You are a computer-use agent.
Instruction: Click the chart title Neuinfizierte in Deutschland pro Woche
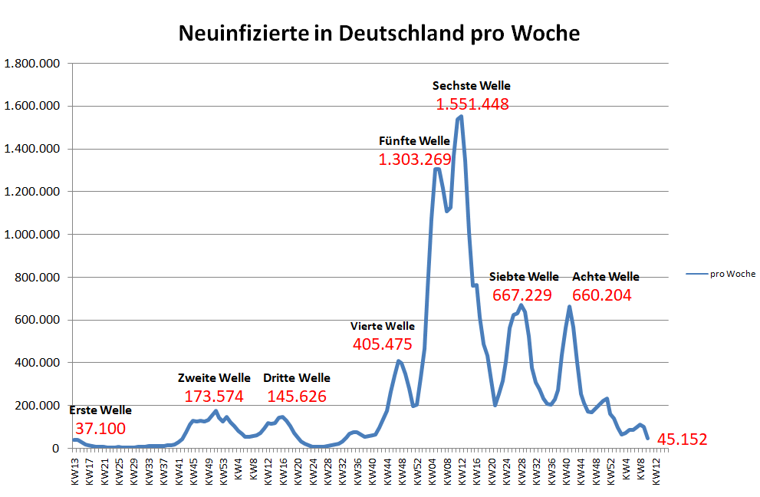379,34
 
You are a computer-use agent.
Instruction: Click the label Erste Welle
100,410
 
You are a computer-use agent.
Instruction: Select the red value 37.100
100,428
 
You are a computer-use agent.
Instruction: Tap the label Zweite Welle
214,378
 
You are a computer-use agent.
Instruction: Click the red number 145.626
297,397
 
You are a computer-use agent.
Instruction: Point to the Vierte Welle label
383,327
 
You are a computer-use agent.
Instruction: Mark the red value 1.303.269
415,160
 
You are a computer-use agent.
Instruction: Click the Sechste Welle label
471,86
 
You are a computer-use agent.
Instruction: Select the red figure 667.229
522,295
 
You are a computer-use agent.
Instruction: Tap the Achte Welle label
605,277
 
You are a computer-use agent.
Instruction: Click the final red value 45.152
681,439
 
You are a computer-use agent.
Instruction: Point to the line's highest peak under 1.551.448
460,117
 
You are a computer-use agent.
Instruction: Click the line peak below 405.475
399,361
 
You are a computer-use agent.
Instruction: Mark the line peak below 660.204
569,307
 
